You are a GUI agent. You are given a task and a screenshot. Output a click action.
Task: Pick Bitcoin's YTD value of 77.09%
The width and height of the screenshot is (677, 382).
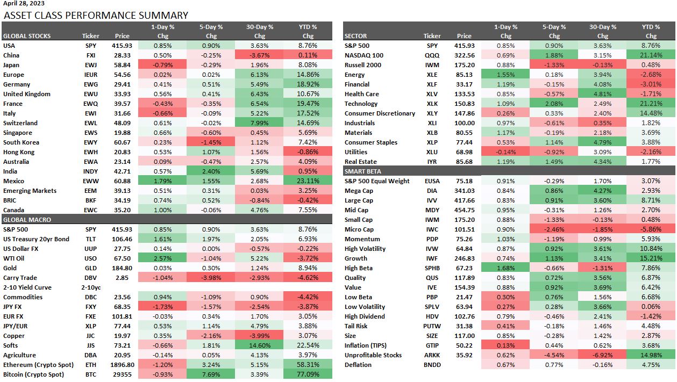coord(307,374)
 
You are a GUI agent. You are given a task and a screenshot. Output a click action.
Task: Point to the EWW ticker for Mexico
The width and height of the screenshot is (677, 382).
coord(90,181)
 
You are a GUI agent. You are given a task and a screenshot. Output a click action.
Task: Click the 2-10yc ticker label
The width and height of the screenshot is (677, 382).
coord(90,287)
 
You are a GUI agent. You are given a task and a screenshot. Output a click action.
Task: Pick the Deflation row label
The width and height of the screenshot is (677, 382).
coord(358,365)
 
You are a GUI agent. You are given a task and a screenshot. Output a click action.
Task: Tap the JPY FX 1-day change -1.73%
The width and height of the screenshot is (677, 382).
coord(160,307)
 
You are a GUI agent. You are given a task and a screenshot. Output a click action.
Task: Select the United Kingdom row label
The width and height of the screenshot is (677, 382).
coord(26,94)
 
